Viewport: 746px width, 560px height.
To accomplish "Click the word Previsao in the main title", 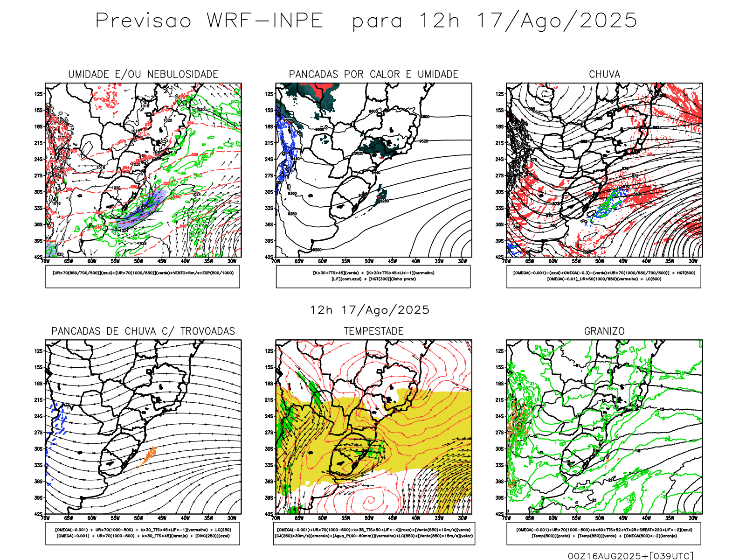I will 144,21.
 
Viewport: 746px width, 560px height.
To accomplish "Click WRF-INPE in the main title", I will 265,21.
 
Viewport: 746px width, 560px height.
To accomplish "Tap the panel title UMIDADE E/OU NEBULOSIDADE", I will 143,75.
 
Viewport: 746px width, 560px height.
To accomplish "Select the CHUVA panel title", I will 604,75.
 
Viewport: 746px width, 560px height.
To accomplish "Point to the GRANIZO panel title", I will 604,331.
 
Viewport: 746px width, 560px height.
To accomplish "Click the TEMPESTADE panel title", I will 373,331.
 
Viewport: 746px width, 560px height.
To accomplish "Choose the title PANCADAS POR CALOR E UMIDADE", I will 373,75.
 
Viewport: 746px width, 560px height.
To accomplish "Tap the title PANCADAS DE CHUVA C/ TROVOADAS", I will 143,331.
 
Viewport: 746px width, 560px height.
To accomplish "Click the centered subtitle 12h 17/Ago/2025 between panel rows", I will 370,310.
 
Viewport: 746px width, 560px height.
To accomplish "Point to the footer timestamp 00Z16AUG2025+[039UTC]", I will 630,556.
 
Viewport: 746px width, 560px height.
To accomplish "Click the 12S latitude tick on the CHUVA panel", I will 499,94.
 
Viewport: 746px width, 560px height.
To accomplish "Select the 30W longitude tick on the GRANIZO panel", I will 693,518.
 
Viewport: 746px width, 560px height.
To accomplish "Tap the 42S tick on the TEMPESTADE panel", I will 269,514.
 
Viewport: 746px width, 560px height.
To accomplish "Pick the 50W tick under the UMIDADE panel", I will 138,261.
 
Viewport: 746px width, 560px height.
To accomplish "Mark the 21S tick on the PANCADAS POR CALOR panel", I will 269,143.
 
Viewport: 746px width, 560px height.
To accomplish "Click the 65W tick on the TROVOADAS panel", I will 69,518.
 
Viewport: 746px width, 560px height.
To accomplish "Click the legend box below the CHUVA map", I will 604,276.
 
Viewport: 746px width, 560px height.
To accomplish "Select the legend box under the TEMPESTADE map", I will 373,533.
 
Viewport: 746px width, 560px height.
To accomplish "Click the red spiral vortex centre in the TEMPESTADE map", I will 371,501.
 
